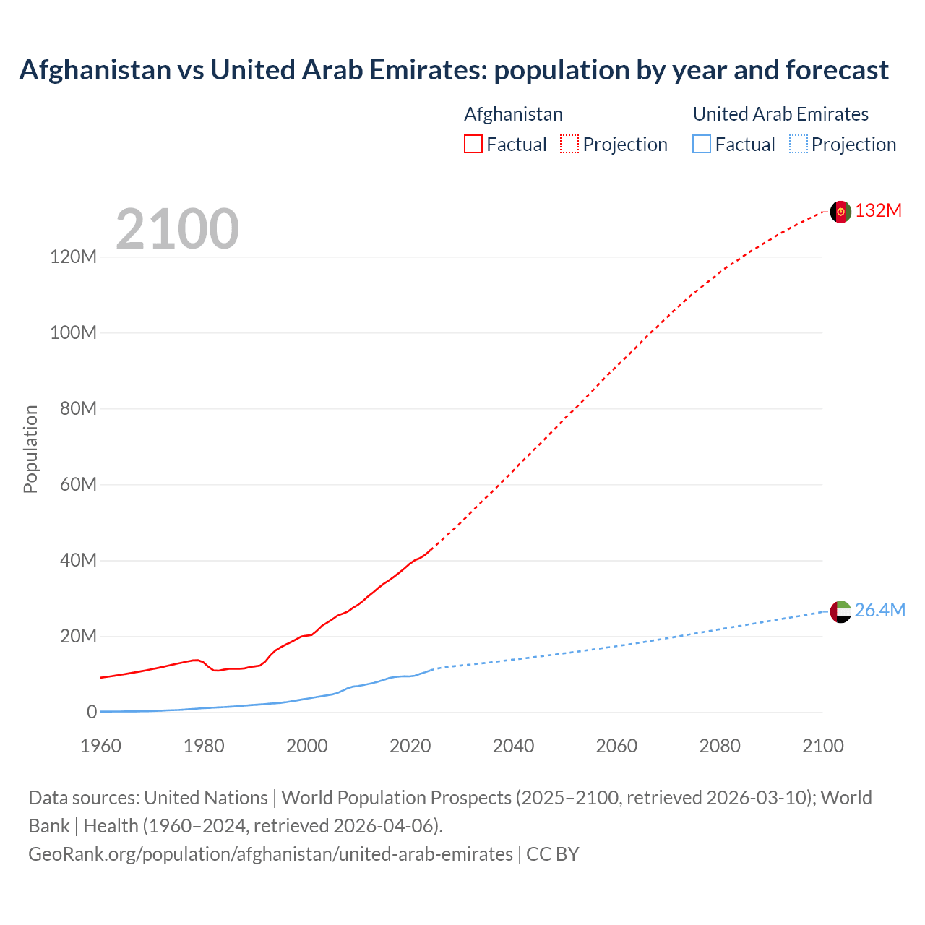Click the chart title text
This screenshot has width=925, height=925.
pos(454,70)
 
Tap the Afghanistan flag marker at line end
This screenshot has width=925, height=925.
pos(840,212)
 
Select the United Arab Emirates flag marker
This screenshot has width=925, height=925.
pos(840,611)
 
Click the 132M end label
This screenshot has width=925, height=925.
pos(878,211)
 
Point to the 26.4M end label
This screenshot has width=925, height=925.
pos(879,611)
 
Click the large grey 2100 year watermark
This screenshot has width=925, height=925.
pos(177,229)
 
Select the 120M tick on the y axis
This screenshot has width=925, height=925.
pos(73,257)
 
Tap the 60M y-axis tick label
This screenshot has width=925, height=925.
pos(77,485)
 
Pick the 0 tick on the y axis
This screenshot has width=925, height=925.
pos(91,713)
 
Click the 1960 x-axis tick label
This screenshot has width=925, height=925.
pos(100,747)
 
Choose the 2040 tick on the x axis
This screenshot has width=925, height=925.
pos(513,747)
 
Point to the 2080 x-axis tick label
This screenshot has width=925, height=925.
pos(720,747)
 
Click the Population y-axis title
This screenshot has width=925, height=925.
pos(30,449)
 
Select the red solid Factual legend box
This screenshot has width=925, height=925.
pos(473,145)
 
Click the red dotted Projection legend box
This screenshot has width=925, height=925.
pos(569,145)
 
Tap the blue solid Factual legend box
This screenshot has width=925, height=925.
pos(702,145)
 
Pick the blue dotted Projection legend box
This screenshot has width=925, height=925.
pos(799,145)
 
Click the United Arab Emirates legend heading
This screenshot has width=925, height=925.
pos(780,114)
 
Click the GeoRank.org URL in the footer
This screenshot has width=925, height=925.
pos(270,854)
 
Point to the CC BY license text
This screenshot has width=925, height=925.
pos(553,854)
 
